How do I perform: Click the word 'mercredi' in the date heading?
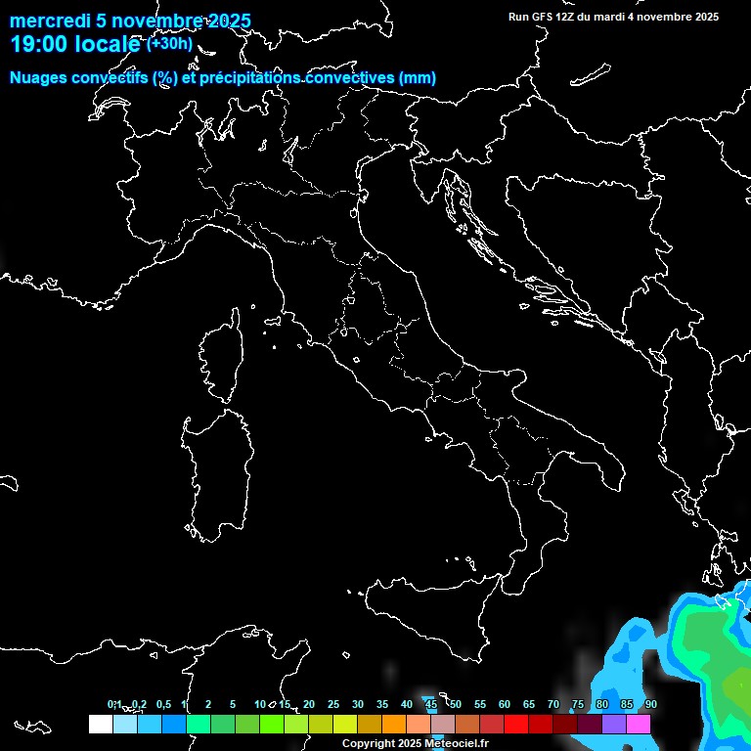click(x=48, y=21)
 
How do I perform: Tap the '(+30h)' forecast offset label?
click(x=170, y=43)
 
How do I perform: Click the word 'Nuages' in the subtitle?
click(x=37, y=78)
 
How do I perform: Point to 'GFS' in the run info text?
click(x=542, y=17)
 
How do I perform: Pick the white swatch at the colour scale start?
click(x=100, y=725)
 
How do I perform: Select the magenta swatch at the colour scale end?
click(x=639, y=725)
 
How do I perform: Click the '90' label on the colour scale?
click(x=651, y=704)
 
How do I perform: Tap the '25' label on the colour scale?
click(x=333, y=704)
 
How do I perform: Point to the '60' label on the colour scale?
click(x=505, y=704)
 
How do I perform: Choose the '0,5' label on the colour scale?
click(x=162, y=704)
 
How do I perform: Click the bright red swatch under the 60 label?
click(x=516, y=725)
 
